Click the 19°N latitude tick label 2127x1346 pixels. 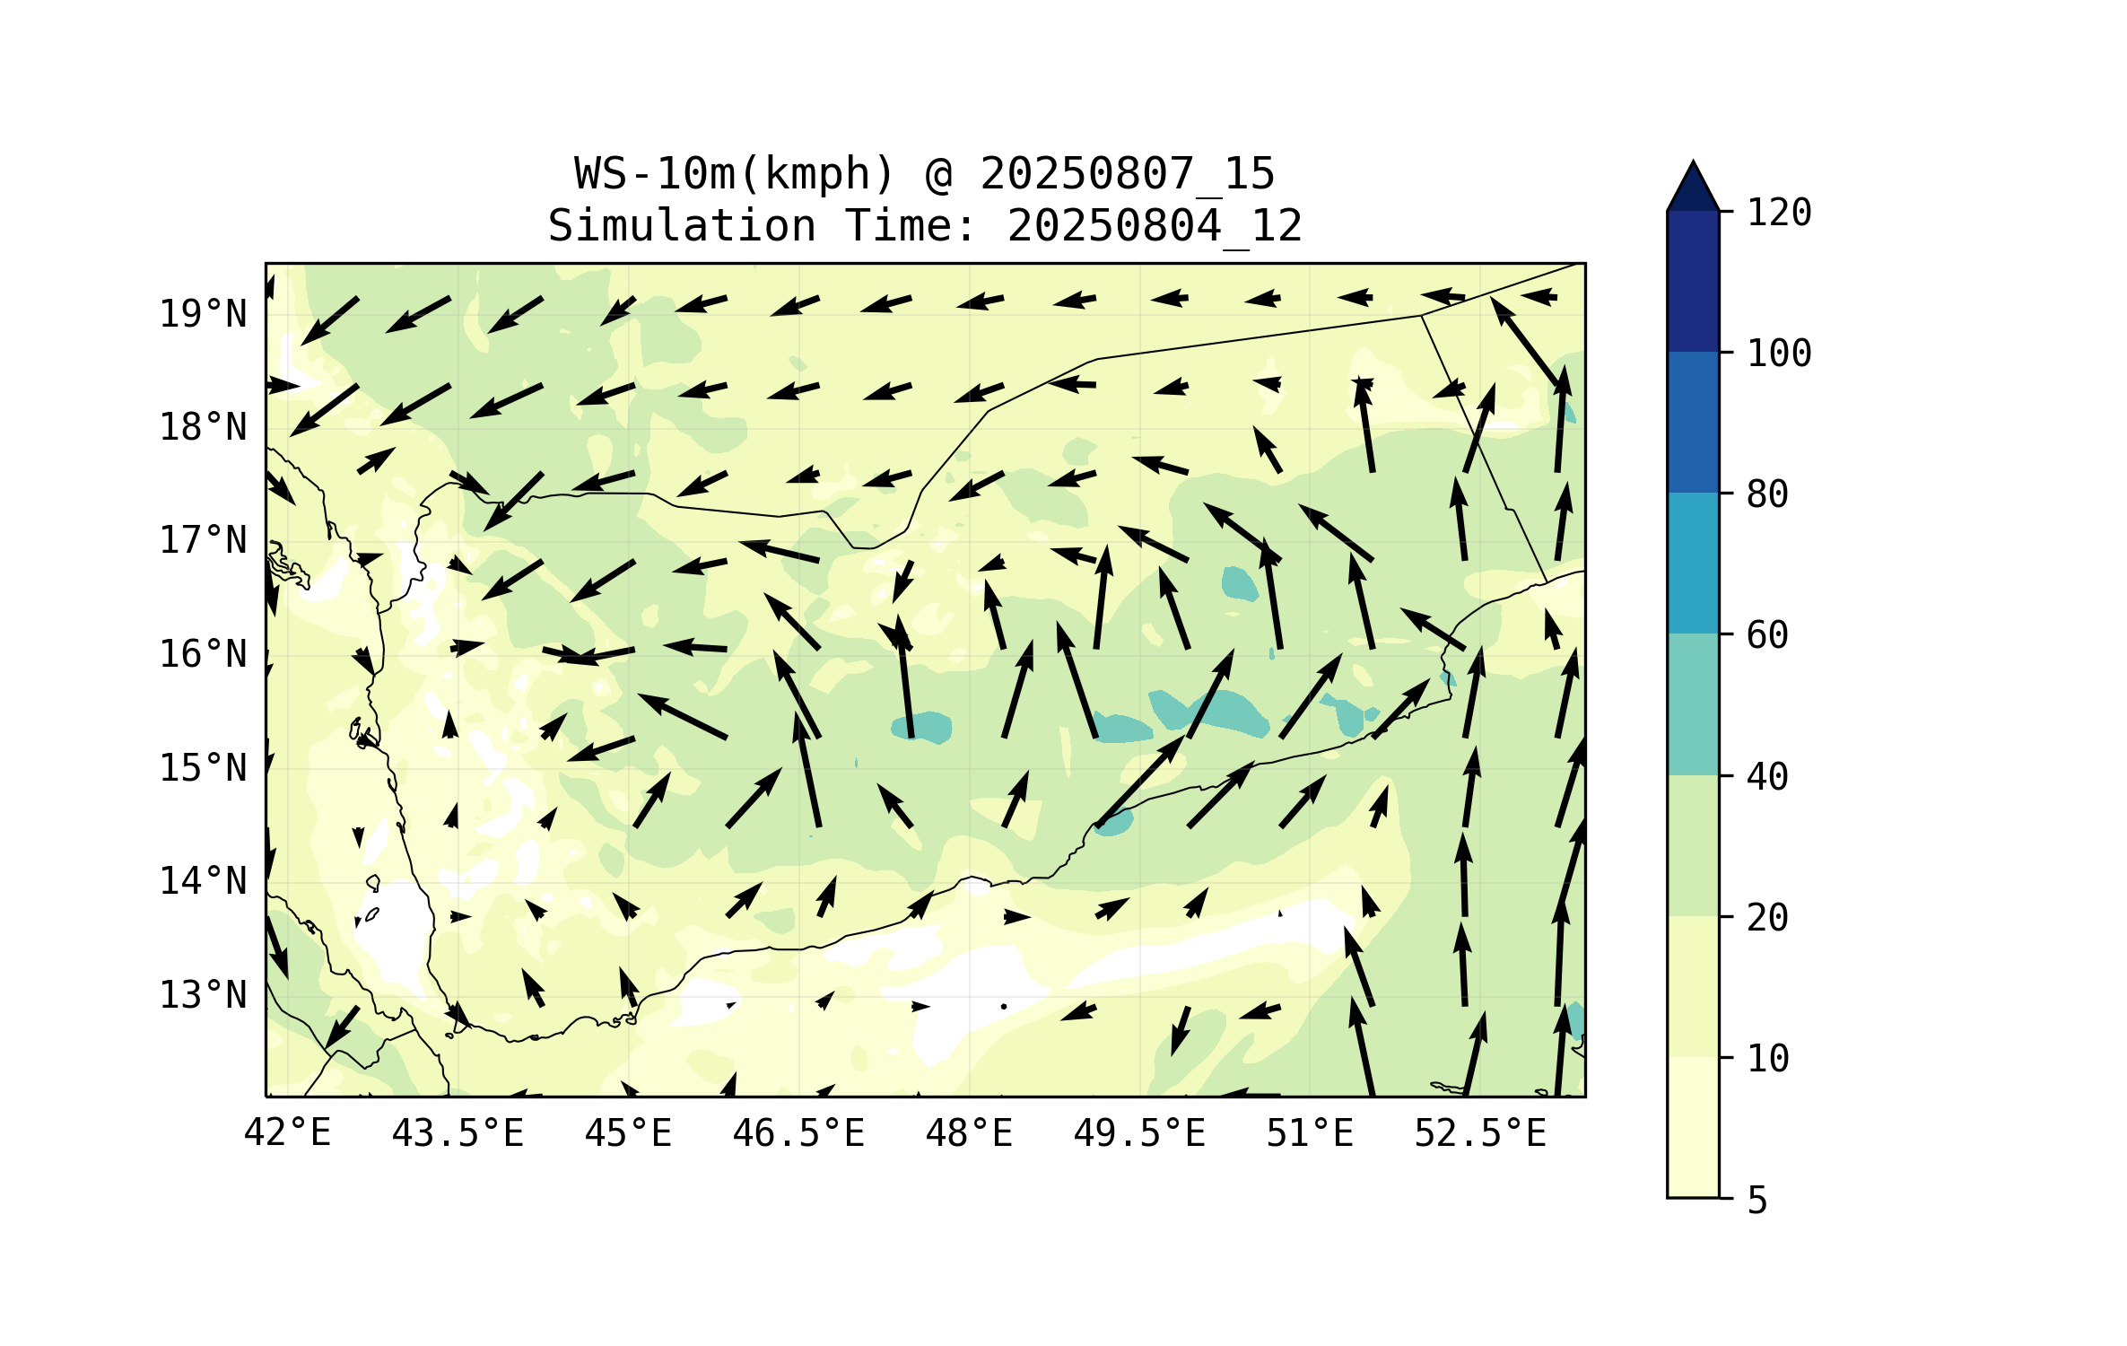[x=203, y=314]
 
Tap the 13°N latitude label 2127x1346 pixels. [x=203, y=995]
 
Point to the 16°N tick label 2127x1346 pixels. [x=203, y=654]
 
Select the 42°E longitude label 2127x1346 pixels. [x=287, y=1133]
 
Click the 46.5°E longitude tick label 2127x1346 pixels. [x=798, y=1133]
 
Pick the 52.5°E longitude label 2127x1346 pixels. [x=1480, y=1133]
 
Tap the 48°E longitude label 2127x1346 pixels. [x=969, y=1133]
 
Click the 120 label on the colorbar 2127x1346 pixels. [x=1779, y=213]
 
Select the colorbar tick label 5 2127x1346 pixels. [x=1757, y=1201]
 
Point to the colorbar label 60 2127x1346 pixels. [x=1767, y=635]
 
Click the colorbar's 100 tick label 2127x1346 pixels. [x=1779, y=354]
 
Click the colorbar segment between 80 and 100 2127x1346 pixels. [x=1693, y=422]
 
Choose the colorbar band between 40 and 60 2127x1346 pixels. [x=1693, y=704]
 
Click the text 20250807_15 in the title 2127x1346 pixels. [x=1127, y=173]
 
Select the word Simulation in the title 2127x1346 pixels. [x=682, y=225]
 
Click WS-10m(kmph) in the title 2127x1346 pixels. [x=735, y=173]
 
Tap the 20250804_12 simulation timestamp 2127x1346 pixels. [x=1155, y=225]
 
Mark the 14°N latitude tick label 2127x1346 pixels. [x=203, y=881]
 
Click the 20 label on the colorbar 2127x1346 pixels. [x=1767, y=917]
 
